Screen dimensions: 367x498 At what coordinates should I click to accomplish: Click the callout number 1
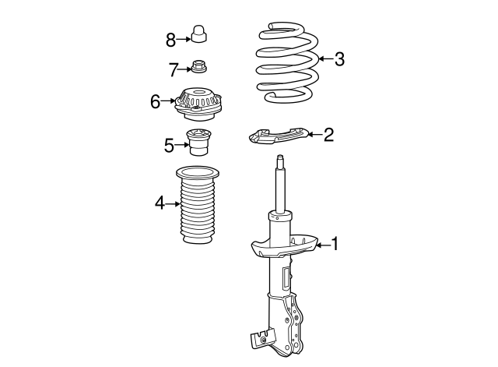[335, 245]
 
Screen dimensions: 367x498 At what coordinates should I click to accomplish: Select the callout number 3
[338, 59]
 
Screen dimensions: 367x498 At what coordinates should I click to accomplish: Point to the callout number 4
[160, 204]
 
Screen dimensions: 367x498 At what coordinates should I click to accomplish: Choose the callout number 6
[156, 101]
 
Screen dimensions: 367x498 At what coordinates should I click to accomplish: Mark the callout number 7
[174, 69]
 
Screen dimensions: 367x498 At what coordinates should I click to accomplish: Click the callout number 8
[171, 37]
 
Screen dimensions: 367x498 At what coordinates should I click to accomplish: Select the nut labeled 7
[199, 69]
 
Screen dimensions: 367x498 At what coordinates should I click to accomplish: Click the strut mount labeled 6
[199, 105]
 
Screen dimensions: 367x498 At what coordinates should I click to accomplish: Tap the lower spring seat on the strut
[283, 245]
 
